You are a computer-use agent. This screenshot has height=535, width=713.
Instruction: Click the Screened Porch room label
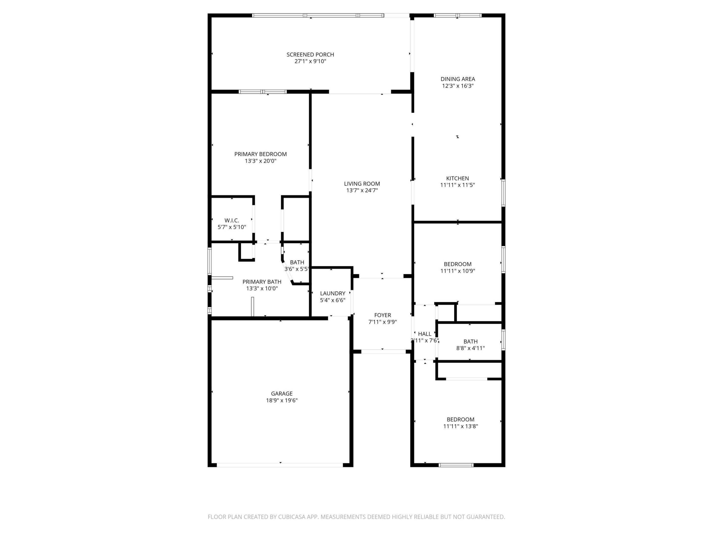click(310, 54)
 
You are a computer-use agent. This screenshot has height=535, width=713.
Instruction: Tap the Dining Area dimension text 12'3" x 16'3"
click(458, 86)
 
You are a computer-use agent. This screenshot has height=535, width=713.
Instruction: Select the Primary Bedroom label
click(260, 154)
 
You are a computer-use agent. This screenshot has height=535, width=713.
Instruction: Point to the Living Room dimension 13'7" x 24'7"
click(362, 190)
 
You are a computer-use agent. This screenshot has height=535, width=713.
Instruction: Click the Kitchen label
click(458, 178)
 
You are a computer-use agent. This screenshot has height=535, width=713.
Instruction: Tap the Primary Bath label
click(262, 282)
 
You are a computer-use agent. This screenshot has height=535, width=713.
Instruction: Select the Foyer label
click(382, 315)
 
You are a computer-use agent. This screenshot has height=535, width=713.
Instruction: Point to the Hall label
click(425, 334)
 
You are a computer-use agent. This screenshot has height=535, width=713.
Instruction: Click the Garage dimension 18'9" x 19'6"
click(281, 401)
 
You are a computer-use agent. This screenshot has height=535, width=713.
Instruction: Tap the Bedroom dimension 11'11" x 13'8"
click(460, 426)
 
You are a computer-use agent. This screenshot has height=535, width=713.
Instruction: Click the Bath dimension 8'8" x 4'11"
click(470, 348)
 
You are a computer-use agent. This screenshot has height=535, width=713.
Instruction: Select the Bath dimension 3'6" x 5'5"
click(297, 269)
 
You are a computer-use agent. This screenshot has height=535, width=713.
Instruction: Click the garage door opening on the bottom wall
click(280, 465)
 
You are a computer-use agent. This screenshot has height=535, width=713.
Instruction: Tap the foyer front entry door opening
click(383, 351)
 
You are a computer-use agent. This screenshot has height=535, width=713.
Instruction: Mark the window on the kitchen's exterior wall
click(503, 193)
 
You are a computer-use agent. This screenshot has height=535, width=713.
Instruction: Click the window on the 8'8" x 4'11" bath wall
click(503, 340)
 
